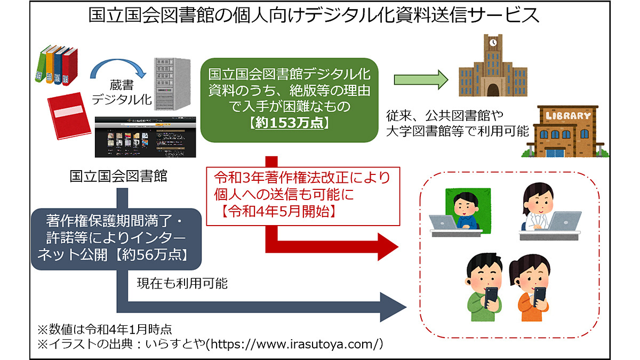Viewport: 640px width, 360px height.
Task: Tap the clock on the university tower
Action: [493, 42]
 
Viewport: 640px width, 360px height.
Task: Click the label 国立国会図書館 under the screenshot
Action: [118, 177]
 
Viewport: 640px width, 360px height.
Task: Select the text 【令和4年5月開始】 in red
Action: [277, 210]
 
